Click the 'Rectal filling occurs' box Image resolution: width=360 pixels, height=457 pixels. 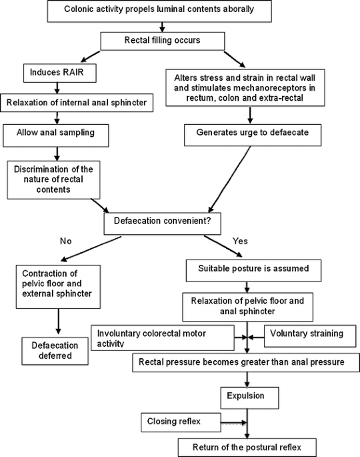(163, 41)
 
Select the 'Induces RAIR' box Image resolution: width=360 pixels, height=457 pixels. (60, 73)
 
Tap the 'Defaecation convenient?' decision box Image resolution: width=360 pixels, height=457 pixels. (162, 223)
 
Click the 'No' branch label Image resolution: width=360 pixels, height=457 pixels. (65, 241)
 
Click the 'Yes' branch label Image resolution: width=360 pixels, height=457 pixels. (240, 241)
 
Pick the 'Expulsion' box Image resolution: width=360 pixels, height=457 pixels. (249, 398)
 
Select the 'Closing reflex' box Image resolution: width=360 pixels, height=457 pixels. (181, 422)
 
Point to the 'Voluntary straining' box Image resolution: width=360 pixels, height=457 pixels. (310, 336)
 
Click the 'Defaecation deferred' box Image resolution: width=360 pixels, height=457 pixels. (55, 351)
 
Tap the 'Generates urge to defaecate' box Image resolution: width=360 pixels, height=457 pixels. (253, 135)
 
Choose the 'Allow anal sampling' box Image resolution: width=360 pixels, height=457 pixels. (56, 135)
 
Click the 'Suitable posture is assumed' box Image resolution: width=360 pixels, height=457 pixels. (253, 271)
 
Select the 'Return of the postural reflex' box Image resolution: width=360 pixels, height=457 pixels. (247, 448)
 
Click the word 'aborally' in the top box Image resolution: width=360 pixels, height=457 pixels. (238, 9)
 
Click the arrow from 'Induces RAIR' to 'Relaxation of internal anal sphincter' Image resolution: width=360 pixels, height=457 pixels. (57, 87)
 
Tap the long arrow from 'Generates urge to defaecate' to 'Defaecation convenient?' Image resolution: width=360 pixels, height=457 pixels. (229, 179)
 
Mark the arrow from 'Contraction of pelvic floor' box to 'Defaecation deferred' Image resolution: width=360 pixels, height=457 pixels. (58, 322)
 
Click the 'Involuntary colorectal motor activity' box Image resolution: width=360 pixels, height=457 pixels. (163, 338)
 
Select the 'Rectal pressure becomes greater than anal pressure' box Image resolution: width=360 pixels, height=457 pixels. (246, 362)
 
